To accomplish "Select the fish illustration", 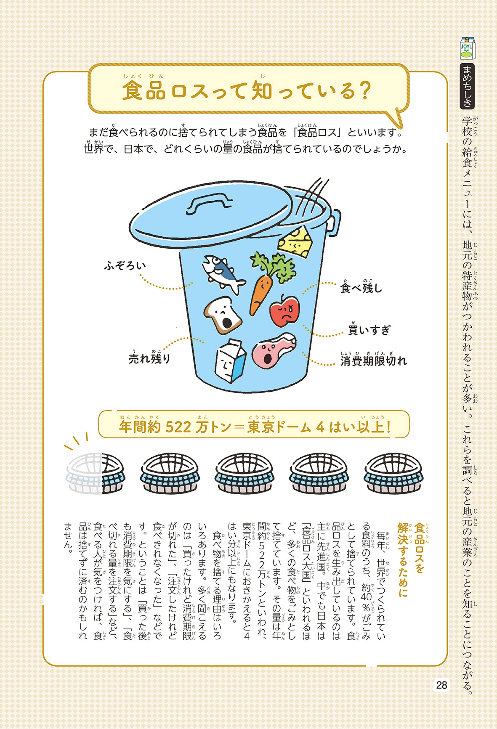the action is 223,273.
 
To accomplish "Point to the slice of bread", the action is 223,315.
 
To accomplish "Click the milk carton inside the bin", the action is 230,361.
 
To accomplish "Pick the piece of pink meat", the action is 274,349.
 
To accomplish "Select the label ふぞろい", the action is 125,266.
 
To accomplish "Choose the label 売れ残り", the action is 150,358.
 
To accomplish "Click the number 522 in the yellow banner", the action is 179,427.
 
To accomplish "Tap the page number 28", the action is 441,685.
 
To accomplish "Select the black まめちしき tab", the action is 467,86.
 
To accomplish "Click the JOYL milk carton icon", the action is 467,48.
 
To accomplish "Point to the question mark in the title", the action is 364,91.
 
